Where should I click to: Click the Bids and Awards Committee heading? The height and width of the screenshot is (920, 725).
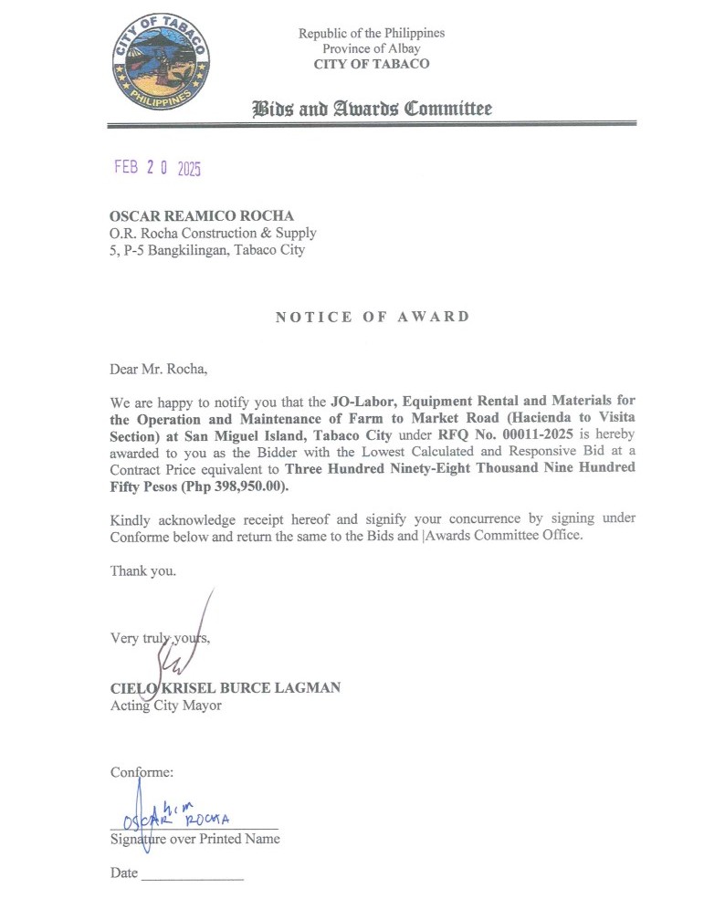(x=372, y=110)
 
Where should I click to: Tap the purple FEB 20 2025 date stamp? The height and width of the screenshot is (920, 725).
(x=156, y=168)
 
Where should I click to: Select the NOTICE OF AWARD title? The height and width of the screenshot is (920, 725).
(x=373, y=317)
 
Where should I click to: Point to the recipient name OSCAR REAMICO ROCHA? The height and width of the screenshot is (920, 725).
(x=201, y=215)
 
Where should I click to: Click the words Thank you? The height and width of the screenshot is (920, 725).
(x=143, y=570)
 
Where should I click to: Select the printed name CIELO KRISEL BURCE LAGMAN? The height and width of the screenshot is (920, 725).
(x=225, y=687)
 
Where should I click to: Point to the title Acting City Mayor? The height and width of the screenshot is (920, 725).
(x=165, y=705)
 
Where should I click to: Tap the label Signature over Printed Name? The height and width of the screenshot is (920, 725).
(x=194, y=839)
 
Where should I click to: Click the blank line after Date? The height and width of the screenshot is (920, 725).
(x=193, y=875)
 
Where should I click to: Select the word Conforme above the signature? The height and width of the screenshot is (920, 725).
(x=142, y=772)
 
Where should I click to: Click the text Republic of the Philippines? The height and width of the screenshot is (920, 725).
(x=371, y=34)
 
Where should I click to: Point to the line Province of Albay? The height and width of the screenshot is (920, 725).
(x=371, y=48)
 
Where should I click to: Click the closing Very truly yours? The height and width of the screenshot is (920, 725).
(x=160, y=637)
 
